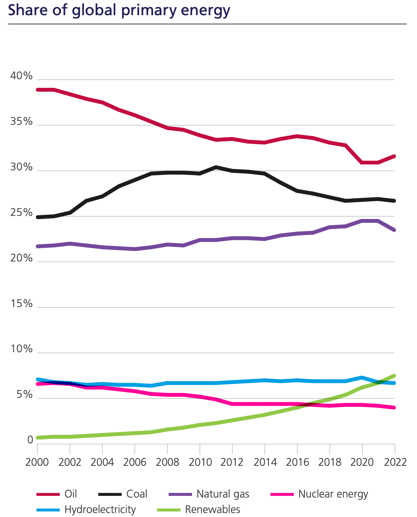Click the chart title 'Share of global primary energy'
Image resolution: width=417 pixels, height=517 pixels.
[x=119, y=10]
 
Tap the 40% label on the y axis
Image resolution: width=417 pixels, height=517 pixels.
[x=21, y=76]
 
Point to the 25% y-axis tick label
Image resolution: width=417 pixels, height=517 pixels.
[x=21, y=213]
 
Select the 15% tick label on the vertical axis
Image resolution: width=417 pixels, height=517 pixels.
[x=21, y=303]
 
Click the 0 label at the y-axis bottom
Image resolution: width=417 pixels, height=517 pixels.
[x=30, y=440]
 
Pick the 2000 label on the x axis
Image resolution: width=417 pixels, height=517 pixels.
[x=37, y=462]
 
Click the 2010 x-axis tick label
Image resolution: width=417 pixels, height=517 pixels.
[x=200, y=462]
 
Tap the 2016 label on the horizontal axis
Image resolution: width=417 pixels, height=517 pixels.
[x=297, y=462]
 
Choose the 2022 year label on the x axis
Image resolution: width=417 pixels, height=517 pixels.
[x=395, y=462]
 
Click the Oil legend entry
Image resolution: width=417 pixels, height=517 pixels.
[x=71, y=494]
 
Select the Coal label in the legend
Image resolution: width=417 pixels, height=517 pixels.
[x=136, y=494]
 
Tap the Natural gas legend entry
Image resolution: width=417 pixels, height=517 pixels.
[x=223, y=494]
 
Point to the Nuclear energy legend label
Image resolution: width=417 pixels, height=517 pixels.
[x=333, y=494]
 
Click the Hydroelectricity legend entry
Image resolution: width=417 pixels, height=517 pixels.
[x=100, y=509]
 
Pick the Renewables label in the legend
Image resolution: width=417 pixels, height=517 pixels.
[x=212, y=509]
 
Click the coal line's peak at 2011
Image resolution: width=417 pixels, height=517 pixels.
[x=216, y=167]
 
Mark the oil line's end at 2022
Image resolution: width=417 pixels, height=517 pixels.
[x=394, y=156]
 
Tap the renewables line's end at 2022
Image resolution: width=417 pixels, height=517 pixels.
[x=394, y=376]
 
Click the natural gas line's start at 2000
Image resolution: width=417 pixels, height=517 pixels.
[x=38, y=246]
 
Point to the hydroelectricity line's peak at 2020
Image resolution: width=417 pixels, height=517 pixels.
[x=362, y=377]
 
